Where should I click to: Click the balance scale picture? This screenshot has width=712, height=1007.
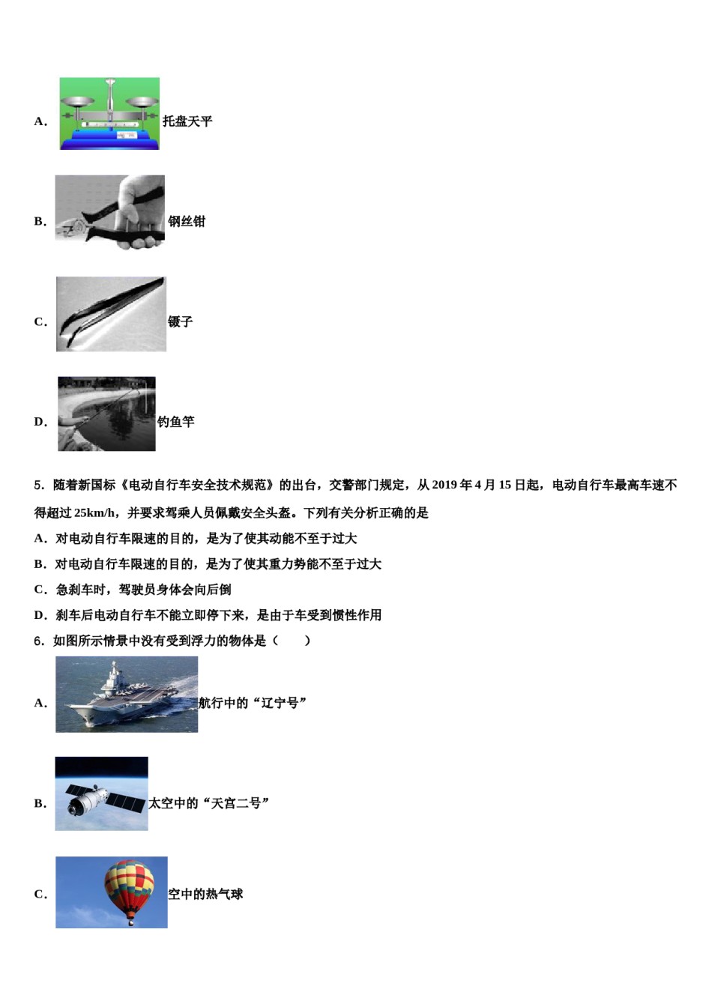pyautogui.click(x=109, y=114)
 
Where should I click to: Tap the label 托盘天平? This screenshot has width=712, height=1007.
pyautogui.click(x=187, y=121)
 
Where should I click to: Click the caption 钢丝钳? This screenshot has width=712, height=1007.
pyautogui.click(x=187, y=222)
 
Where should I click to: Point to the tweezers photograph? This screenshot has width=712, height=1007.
pyautogui.click(x=111, y=314)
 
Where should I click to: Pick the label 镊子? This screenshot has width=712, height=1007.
pyautogui.click(x=181, y=322)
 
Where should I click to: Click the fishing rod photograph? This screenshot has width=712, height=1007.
pyautogui.click(x=106, y=414)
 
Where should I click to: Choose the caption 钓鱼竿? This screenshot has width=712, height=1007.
pyautogui.click(x=176, y=422)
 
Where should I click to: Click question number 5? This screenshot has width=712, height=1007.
pyautogui.click(x=39, y=486)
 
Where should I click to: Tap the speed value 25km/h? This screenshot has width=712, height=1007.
pyautogui.click(x=96, y=513)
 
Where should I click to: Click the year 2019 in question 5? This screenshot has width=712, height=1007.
pyautogui.click(x=445, y=486)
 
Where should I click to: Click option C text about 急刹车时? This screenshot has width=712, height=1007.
pyautogui.click(x=143, y=590)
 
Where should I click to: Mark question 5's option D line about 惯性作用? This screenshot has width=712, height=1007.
pyautogui.click(x=217, y=615)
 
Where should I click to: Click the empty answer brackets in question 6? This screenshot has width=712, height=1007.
pyautogui.click(x=292, y=641)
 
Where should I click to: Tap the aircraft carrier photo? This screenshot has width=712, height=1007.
pyautogui.click(x=127, y=695)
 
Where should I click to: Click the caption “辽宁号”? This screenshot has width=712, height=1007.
pyautogui.click(x=280, y=703)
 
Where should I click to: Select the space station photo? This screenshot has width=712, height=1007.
pyautogui.click(x=101, y=794)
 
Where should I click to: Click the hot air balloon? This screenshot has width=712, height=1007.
pyautogui.click(x=129, y=889)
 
